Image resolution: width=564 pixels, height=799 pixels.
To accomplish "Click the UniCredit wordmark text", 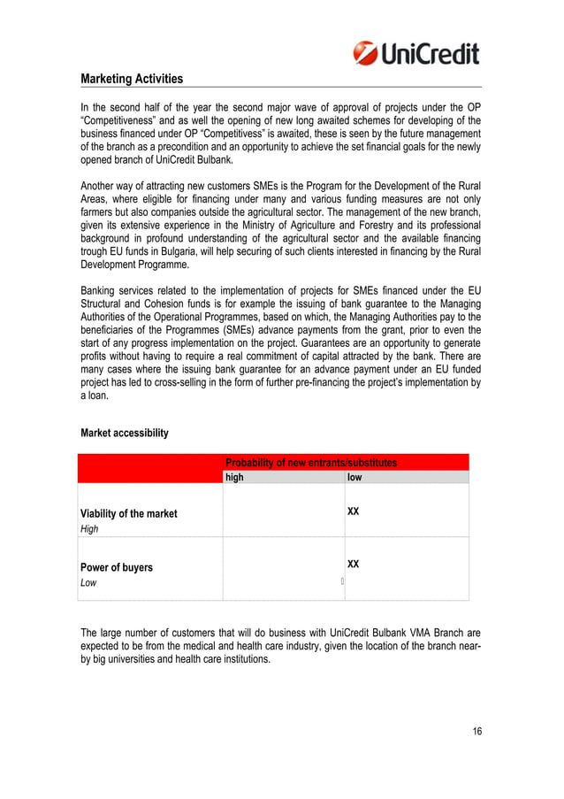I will pyautogui.click(x=430, y=53).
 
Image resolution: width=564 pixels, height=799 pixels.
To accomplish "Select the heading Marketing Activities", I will pyautogui.click(x=132, y=80).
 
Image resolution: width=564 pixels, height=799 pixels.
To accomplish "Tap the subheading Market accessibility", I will pyautogui.click(x=124, y=434).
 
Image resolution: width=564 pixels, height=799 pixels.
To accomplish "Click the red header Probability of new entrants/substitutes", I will pyautogui.click(x=311, y=463).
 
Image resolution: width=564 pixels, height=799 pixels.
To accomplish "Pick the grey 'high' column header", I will pyautogui.click(x=234, y=477).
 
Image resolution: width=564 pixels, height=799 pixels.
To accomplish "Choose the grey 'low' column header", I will pyautogui.click(x=354, y=477).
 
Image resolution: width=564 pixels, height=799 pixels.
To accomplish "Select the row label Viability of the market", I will pyautogui.click(x=129, y=513).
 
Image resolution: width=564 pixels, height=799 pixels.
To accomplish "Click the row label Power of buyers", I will pyautogui.click(x=117, y=567).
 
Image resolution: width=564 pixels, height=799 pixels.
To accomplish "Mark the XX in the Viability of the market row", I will pyautogui.click(x=354, y=511).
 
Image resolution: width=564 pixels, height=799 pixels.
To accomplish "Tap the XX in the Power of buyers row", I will pyautogui.click(x=354, y=564).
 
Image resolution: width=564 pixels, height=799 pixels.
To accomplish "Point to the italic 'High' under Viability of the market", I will pyautogui.click(x=89, y=529).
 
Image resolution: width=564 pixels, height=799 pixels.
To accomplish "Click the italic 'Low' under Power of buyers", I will pyautogui.click(x=88, y=583).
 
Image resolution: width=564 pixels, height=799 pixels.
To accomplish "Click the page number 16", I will pyautogui.click(x=476, y=731).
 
